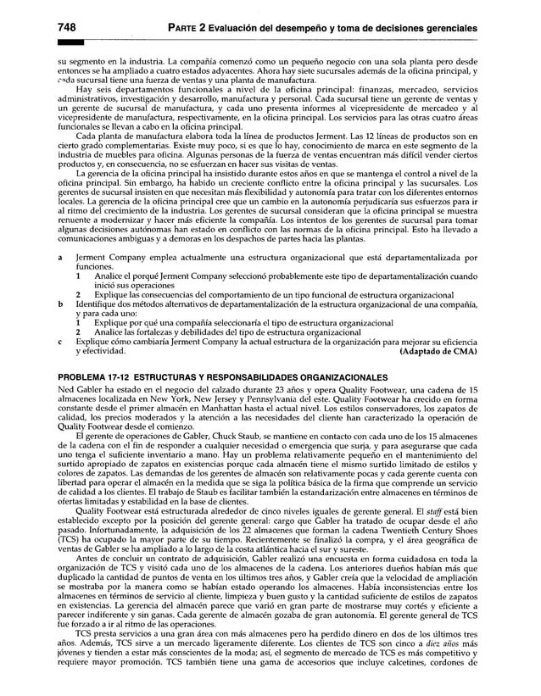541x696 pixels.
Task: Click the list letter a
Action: click(x=59, y=255)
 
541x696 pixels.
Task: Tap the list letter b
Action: click(x=59, y=303)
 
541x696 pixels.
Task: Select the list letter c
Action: click(x=59, y=341)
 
